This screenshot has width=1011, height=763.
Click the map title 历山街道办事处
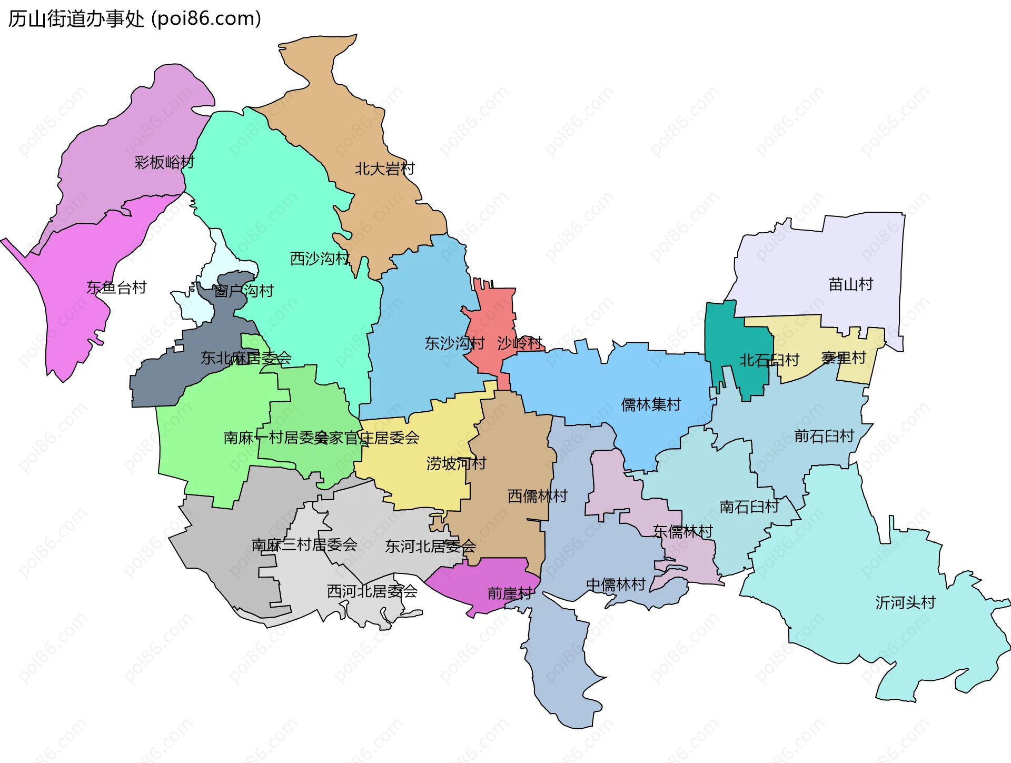click(x=76, y=19)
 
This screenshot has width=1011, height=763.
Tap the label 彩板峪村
click(x=164, y=162)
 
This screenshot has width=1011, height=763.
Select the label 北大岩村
click(x=384, y=169)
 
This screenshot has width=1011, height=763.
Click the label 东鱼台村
click(x=116, y=288)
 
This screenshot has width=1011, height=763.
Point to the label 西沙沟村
click(x=320, y=259)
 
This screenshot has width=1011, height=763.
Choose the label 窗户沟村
click(x=244, y=291)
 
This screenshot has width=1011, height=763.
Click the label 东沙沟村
click(x=454, y=343)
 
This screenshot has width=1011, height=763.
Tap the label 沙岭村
click(x=520, y=343)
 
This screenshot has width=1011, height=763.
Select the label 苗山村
click(x=850, y=284)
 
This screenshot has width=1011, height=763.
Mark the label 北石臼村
click(x=769, y=360)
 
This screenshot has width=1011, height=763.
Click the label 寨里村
click(x=844, y=358)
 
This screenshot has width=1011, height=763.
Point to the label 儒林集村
click(x=651, y=404)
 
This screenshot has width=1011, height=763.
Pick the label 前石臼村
click(x=824, y=436)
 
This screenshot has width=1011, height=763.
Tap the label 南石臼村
click(x=749, y=507)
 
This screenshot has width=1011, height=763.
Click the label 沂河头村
click(x=905, y=602)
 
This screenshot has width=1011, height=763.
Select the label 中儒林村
click(x=616, y=584)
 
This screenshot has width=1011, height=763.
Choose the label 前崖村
click(x=510, y=593)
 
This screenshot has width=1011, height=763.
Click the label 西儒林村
click(x=537, y=496)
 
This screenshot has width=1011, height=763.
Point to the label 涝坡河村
click(x=456, y=463)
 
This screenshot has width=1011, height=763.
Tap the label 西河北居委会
click(x=372, y=591)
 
